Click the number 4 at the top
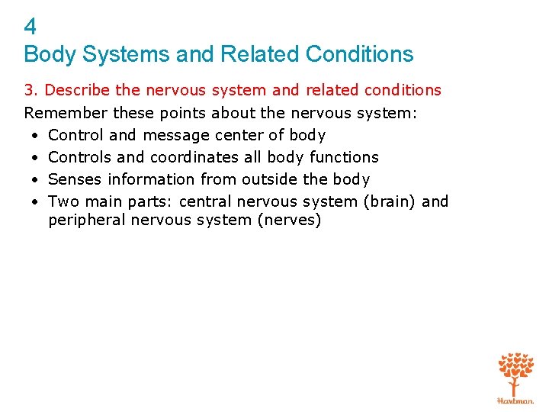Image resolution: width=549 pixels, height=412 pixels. point(30,27)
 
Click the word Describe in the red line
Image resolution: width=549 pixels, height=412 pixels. point(78,91)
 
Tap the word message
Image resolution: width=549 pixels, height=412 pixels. point(176,136)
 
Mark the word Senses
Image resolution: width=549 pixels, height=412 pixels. point(75,179)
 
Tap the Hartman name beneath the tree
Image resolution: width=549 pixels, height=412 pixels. point(515,400)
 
